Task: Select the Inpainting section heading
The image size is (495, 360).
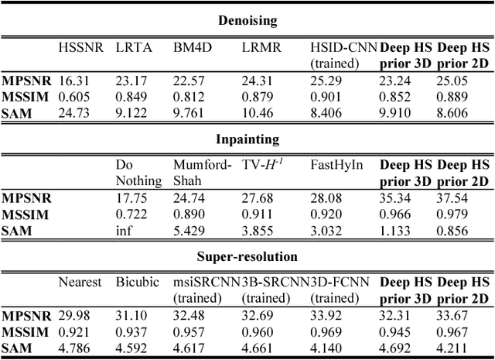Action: pos(247,139)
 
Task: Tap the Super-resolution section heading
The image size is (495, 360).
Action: pos(247,256)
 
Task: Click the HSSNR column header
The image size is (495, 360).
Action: pos(81,47)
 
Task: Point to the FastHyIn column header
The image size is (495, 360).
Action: pos(333,165)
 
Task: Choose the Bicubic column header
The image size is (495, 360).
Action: pos(135,283)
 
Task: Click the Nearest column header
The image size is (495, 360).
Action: pos(80,283)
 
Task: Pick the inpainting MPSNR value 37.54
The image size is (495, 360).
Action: pos(454,197)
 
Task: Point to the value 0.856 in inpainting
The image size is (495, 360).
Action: pos(454,229)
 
